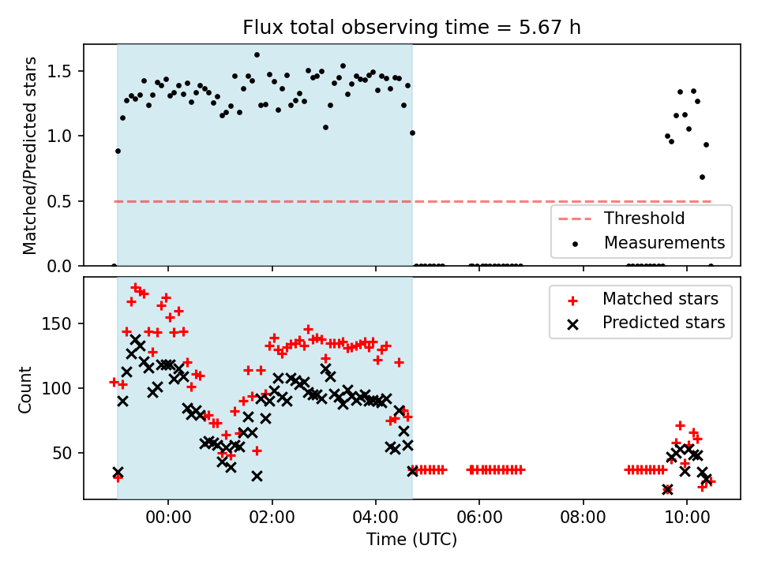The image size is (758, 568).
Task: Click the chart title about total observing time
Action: [x=411, y=27]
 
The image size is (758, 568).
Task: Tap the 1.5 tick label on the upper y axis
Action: [x=59, y=72]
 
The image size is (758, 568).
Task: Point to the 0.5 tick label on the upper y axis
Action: [x=59, y=201]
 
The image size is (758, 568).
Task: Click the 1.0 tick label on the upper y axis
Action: [x=59, y=136]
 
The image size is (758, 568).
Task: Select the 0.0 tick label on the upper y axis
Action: [x=59, y=266]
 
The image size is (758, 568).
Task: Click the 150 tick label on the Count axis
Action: [x=57, y=323]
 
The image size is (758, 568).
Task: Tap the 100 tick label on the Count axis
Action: [x=57, y=388]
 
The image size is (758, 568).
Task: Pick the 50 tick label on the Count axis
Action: [x=62, y=453]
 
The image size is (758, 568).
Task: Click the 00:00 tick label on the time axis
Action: [x=168, y=518]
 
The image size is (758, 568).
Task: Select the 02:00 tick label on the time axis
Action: [x=272, y=518]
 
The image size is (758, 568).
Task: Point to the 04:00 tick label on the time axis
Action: [x=376, y=518]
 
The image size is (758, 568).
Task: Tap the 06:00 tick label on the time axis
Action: [x=479, y=518]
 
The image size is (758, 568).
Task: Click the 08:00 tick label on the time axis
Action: [x=583, y=518]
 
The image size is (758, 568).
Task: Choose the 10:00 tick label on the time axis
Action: [x=687, y=518]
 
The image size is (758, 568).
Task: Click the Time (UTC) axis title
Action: [x=411, y=539]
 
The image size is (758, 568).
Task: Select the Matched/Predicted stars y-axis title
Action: [x=29, y=155]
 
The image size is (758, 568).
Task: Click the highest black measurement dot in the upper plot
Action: [x=257, y=55]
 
